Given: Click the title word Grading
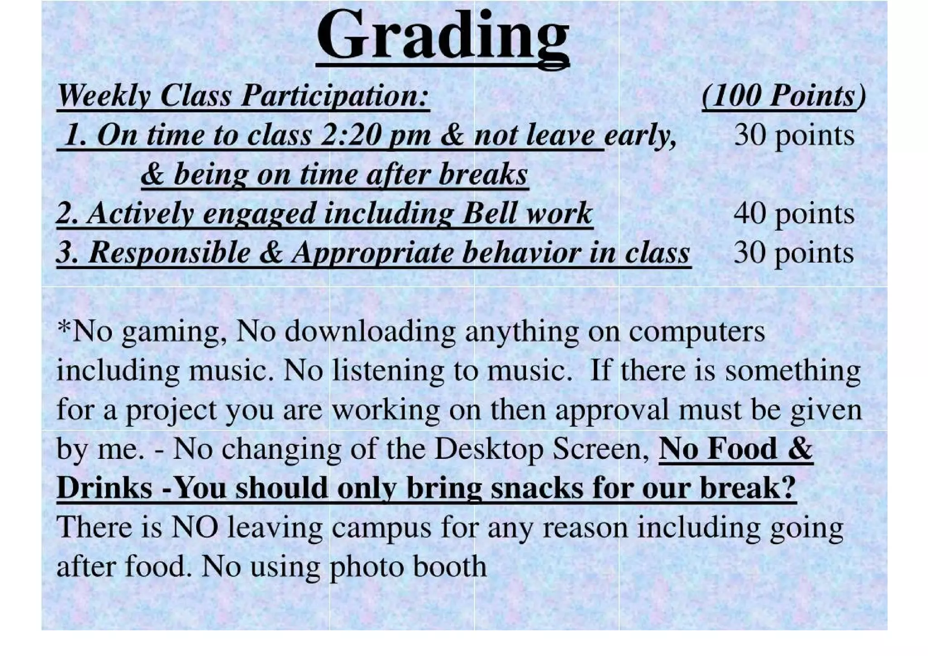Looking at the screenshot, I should [x=442, y=36].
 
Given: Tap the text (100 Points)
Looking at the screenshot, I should [x=783, y=96].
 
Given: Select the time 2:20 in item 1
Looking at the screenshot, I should [x=348, y=135].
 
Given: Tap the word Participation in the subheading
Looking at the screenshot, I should [x=334, y=96].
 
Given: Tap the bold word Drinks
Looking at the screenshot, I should [x=104, y=488].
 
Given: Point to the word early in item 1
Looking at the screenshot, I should [x=640, y=135].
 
